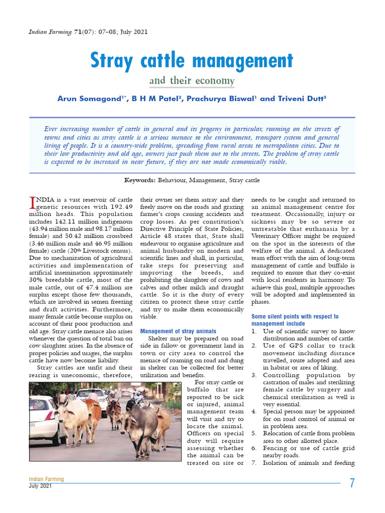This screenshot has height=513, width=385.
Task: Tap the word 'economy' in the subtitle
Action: pos(217,81)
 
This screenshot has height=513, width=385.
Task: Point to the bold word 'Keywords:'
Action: pos(140,180)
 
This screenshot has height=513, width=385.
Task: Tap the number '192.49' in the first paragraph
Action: pos(121,206)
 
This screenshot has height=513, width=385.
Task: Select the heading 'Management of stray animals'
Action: pos(178,331)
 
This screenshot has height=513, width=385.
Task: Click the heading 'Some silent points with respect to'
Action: pos(294,317)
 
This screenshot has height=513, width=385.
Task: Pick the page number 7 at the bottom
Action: pos(352,483)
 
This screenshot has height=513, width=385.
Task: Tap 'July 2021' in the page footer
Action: pos(40,486)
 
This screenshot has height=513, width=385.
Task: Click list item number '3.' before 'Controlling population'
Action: pos(254,375)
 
